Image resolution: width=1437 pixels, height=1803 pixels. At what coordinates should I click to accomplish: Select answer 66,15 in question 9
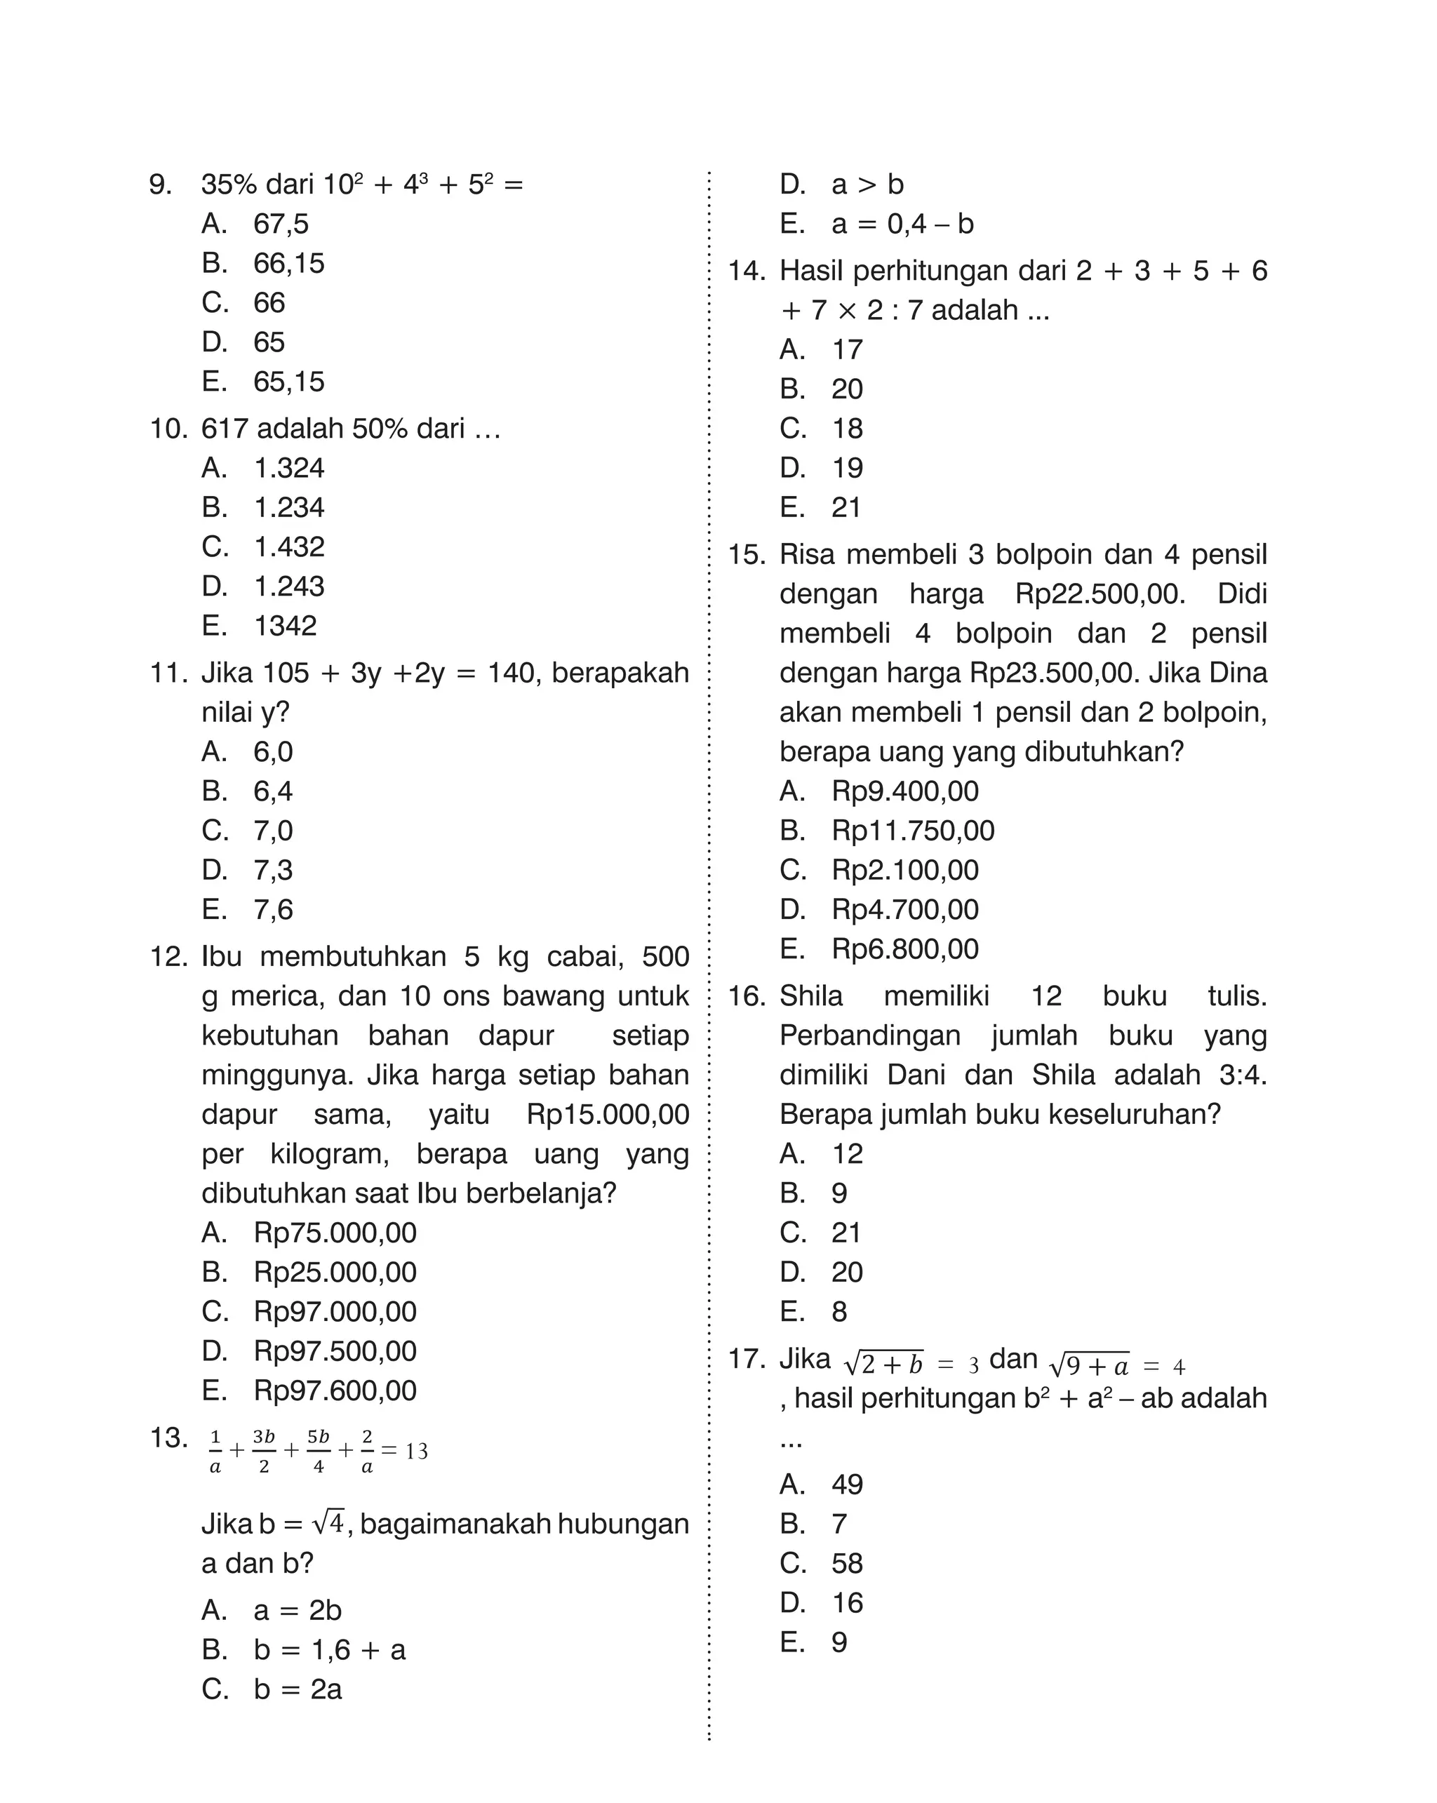point(288,263)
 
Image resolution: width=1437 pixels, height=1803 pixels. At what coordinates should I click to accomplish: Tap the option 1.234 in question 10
point(288,508)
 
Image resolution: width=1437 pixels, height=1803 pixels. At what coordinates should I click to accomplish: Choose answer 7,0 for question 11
point(273,831)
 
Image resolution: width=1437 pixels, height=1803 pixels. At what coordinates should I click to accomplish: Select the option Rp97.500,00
point(335,1351)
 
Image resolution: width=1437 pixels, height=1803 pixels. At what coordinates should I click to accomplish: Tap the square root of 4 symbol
point(328,1524)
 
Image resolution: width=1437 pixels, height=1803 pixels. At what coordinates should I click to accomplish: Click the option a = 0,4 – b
point(902,224)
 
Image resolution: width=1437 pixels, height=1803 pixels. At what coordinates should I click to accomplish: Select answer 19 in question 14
point(846,469)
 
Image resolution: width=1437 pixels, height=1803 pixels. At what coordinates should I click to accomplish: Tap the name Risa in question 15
point(808,554)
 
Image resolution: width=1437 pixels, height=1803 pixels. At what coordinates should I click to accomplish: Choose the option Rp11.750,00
point(913,831)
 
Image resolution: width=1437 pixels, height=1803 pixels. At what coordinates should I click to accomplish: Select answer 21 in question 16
point(846,1233)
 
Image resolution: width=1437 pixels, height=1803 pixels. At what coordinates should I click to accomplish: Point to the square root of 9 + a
point(1089,1367)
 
